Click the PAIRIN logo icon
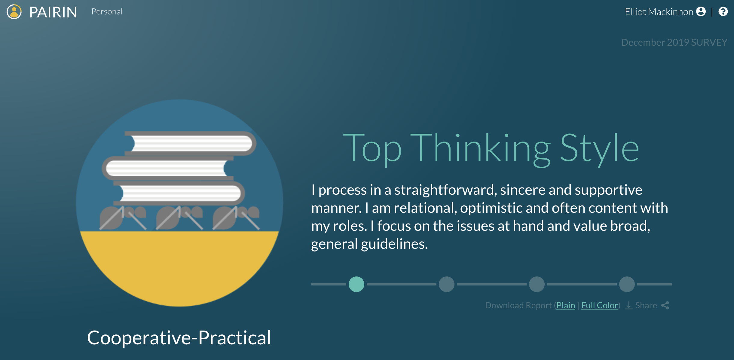pos(14,12)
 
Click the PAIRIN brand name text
pos(53,12)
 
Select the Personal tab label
pos(107,12)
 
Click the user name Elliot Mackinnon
pos(659,12)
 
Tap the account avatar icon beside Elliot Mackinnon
pos(701,11)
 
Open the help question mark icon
pos(723,11)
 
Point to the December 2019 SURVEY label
pos(674,42)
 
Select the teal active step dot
pos(356,284)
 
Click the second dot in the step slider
pos(447,284)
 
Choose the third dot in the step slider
pos(537,284)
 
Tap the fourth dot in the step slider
pos(627,284)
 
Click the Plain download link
pos(566,305)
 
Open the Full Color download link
pos(600,305)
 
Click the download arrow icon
pos(628,305)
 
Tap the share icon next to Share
pos(665,305)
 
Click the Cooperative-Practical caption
pos(179,338)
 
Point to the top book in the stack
pos(191,143)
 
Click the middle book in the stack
pos(168,168)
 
